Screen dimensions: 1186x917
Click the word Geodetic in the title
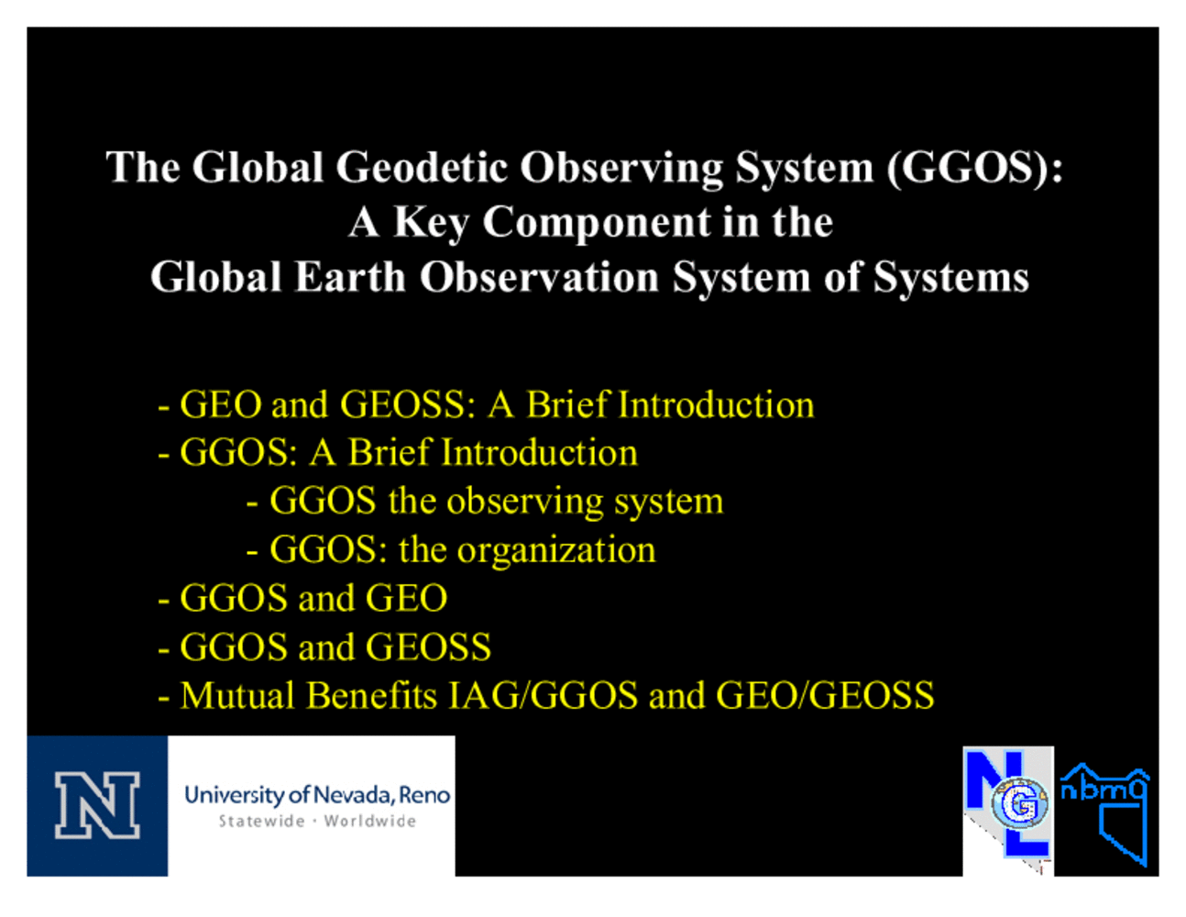point(422,167)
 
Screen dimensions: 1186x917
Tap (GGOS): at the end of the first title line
point(975,168)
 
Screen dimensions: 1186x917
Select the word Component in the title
point(597,224)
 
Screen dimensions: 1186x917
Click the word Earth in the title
point(350,277)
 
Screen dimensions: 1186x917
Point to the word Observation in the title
point(539,277)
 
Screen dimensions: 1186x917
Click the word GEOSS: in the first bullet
point(408,405)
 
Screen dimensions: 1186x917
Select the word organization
point(556,550)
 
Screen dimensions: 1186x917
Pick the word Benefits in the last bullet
point(372,696)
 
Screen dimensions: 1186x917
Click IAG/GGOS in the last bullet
point(544,696)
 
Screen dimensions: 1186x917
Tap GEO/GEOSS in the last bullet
point(825,696)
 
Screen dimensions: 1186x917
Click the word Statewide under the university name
point(261,822)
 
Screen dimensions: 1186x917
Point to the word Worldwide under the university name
point(370,822)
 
